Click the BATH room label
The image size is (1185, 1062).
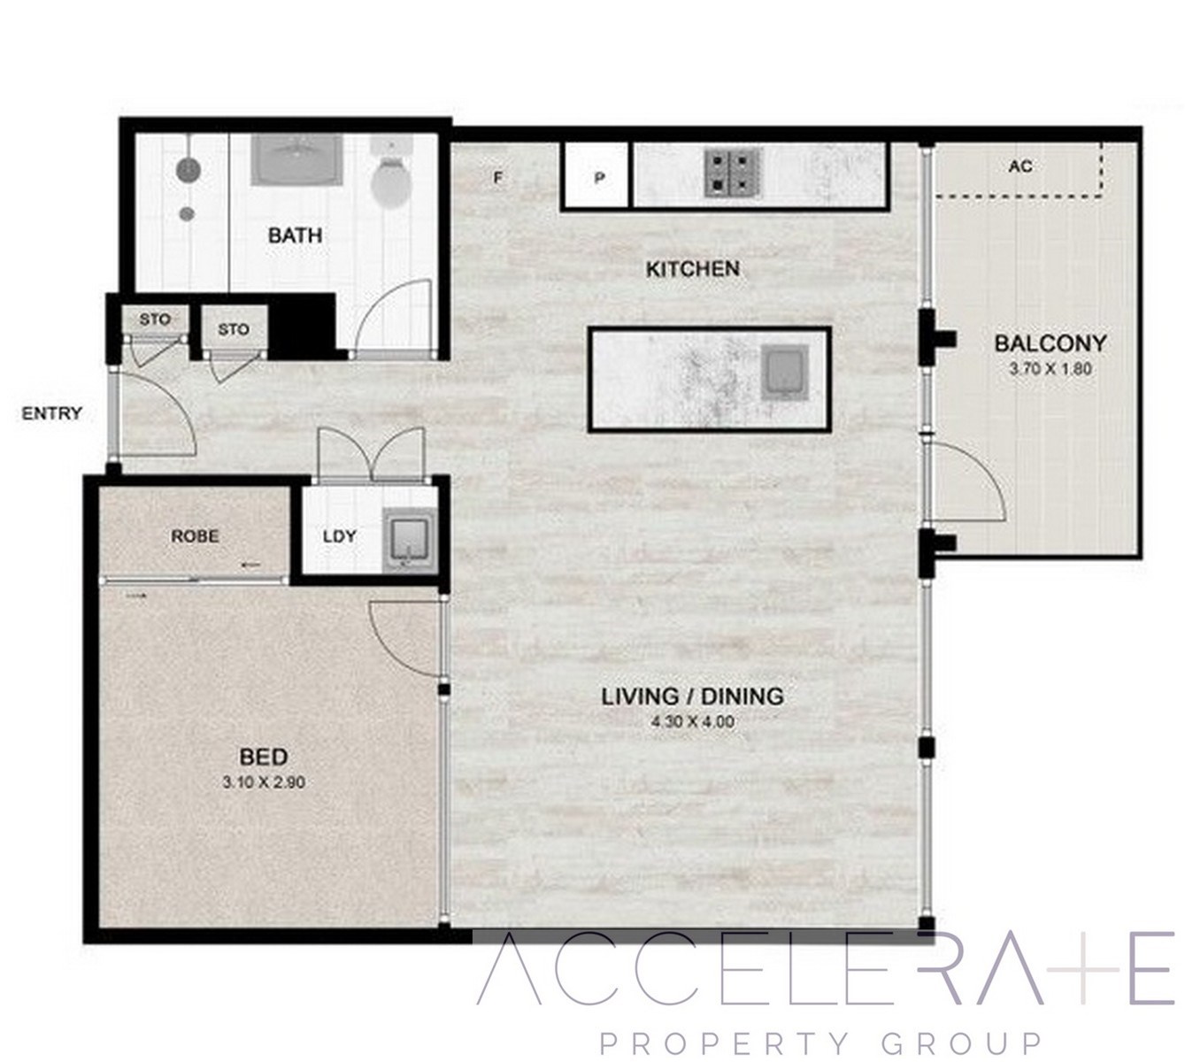tap(295, 235)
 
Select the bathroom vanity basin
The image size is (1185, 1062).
tap(297, 159)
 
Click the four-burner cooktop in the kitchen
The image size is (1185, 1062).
tap(734, 172)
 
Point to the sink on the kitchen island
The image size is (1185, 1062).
tap(784, 373)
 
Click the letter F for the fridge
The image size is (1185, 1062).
tap(497, 177)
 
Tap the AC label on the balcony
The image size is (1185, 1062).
tap(1020, 166)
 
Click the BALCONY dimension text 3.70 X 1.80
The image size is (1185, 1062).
tap(1050, 369)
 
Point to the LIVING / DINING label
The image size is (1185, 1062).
tap(693, 696)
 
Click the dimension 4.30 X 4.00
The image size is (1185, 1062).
tap(693, 722)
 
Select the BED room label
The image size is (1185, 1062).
tap(264, 757)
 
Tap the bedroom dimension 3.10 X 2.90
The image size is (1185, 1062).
tap(264, 782)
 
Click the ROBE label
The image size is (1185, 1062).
tap(196, 536)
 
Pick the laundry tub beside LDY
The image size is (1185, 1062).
tap(410, 540)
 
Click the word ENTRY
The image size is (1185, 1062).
tap(52, 413)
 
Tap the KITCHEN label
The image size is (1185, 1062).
tap(693, 269)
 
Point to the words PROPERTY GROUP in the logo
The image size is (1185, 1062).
tap(821, 1043)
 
